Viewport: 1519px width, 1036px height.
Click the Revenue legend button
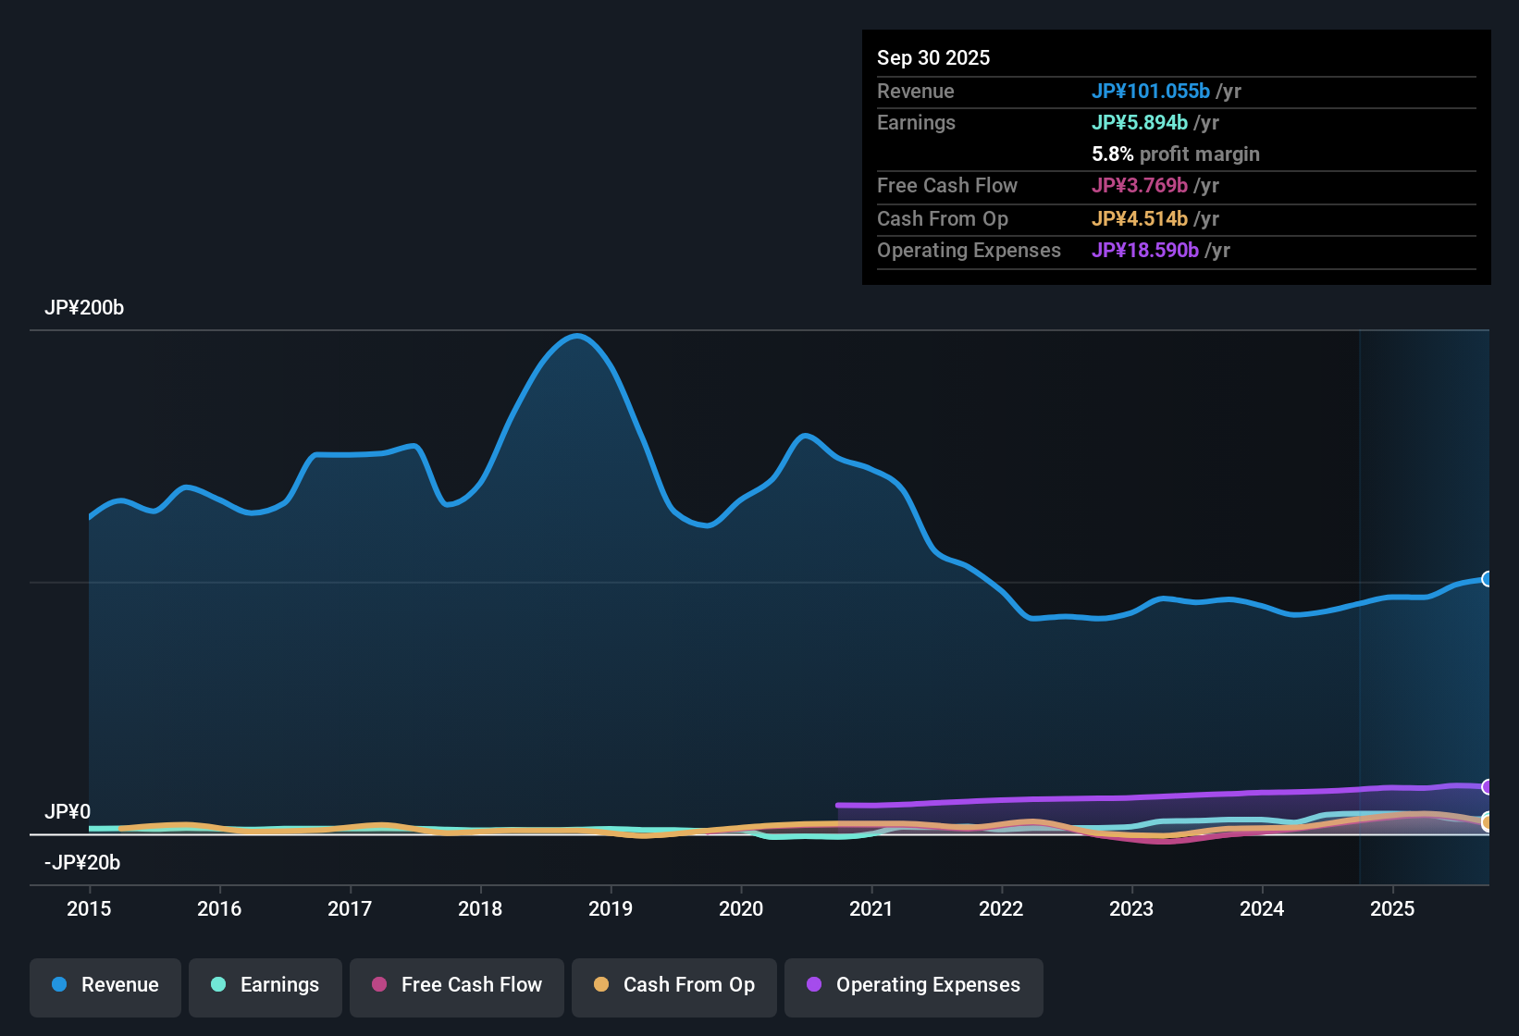click(105, 985)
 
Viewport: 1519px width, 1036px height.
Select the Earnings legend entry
click(266, 985)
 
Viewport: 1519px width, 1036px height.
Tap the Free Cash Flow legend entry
click(457, 985)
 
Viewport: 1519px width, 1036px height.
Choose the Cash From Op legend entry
click(674, 985)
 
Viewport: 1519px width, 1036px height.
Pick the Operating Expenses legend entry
click(914, 985)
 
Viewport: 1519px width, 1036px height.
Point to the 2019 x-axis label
click(611, 908)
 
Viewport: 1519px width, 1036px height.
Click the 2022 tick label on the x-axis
click(1001, 908)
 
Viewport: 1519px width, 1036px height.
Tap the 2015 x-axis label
click(89, 908)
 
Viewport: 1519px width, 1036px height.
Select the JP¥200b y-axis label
click(84, 308)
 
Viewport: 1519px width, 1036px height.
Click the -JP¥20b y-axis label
click(82, 862)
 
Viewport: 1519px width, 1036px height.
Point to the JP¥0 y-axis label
click(68, 811)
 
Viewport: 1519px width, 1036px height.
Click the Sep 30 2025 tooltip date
click(933, 57)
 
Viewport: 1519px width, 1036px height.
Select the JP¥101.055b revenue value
click(1150, 91)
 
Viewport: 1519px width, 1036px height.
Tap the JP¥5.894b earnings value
click(1139, 122)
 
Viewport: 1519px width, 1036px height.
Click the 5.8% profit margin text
click(1175, 154)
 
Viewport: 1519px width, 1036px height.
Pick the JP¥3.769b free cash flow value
click(1139, 185)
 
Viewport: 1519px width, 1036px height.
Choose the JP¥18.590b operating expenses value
click(1144, 250)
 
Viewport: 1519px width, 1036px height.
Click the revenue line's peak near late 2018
click(577, 336)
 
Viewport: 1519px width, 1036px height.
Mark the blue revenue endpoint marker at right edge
click(1487, 579)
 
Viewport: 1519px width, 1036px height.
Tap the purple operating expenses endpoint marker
click(1487, 787)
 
